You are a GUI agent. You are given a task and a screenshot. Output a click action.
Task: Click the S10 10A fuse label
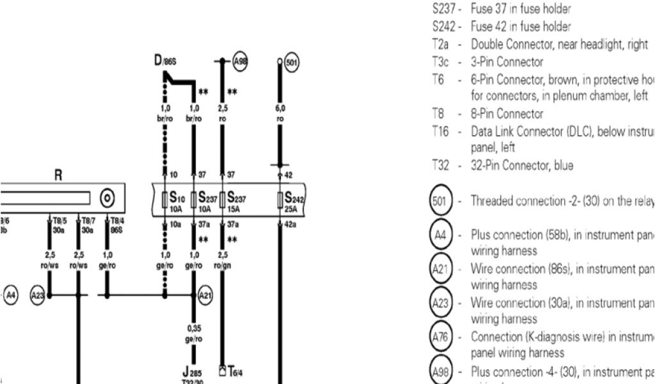(175, 200)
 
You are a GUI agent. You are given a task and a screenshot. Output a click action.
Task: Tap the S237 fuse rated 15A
(236, 200)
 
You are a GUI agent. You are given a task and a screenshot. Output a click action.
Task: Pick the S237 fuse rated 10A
(206, 200)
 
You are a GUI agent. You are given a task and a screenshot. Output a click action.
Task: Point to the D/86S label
(164, 61)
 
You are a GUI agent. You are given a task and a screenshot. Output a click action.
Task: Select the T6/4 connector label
(233, 371)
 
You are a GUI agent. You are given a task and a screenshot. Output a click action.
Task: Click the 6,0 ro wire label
(280, 113)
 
